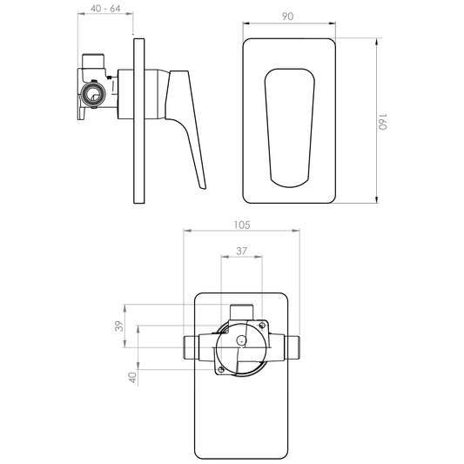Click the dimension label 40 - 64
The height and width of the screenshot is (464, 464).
pos(105,9)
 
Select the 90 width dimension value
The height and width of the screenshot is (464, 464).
pos(287,17)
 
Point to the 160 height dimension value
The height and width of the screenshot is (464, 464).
pos(382,122)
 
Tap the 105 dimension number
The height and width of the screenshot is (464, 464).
pos(242,225)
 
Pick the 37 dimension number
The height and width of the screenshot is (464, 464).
pos(241,251)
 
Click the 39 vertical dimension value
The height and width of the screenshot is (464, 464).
pos(119,326)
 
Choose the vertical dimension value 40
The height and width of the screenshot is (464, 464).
pos(132,377)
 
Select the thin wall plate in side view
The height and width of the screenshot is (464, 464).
pos(138,121)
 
